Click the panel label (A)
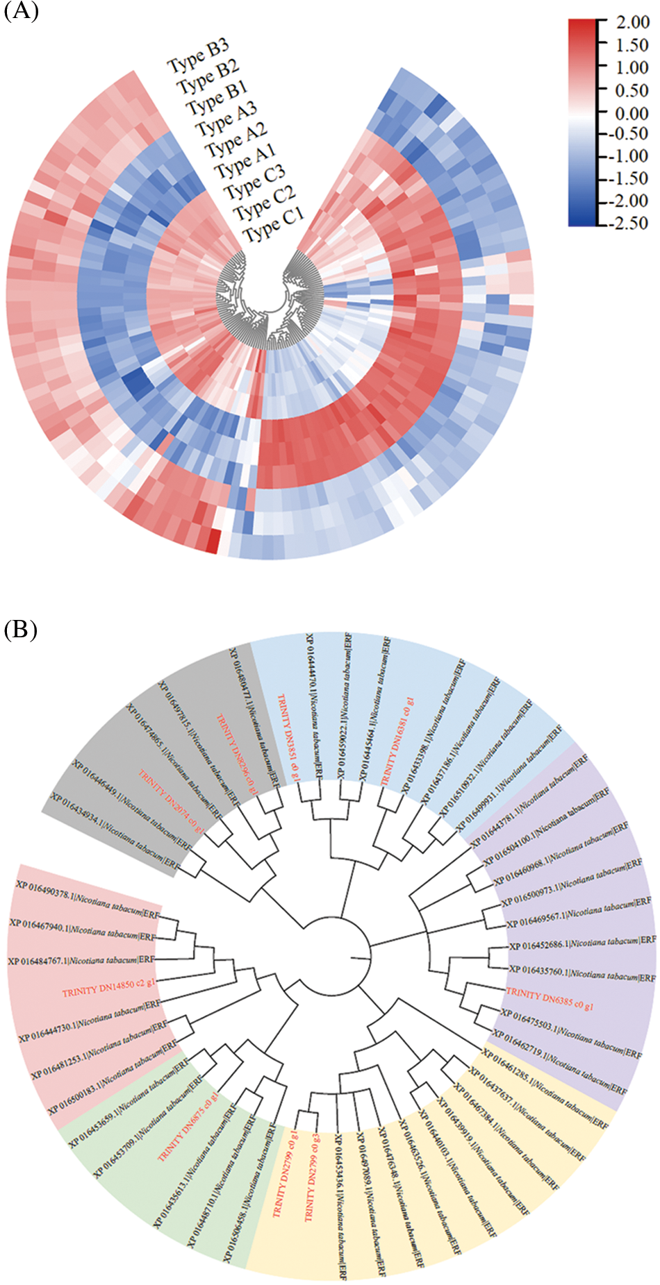pos(21,12)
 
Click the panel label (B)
pos(21,630)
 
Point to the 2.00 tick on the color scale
pos(633,22)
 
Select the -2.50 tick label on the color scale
pos(629,223)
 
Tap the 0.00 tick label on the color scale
pos(632,112)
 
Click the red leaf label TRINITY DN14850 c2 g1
pos(109,988)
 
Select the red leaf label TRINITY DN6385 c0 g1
pos(550,999)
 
